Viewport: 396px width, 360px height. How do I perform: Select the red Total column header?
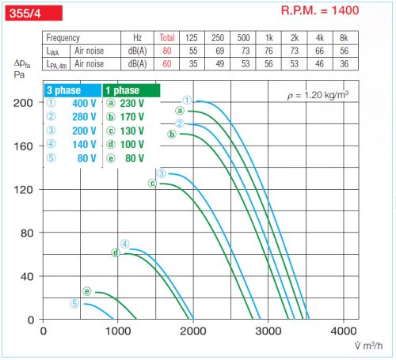coord(167,38)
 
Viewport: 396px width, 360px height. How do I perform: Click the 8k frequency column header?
coord(343,38)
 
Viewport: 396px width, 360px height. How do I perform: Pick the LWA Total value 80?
coord(167,50)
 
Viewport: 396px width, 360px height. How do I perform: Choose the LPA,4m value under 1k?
coord(269,63)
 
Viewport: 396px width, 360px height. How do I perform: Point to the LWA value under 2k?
coord(294,50)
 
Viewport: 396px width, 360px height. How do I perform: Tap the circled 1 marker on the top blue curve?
coord(187,100)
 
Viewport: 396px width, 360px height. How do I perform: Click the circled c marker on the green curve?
coord(153,184)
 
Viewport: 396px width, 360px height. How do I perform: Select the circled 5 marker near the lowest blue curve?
coord(75,303)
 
